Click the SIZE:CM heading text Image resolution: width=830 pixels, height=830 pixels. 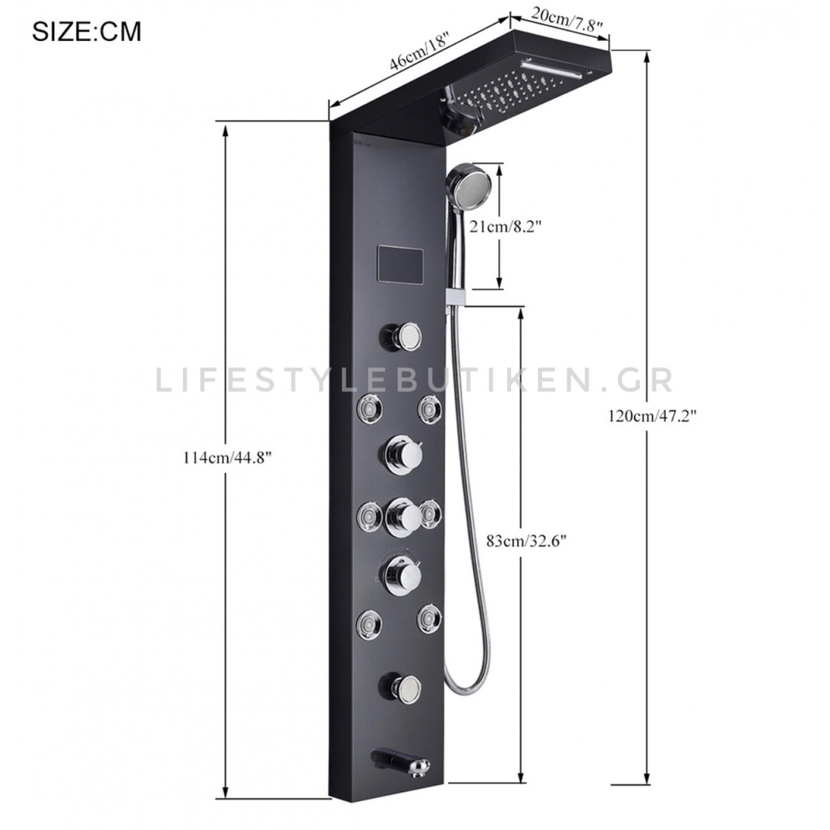[86, 32]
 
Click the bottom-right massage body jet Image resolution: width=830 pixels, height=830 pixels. [429, 617]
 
